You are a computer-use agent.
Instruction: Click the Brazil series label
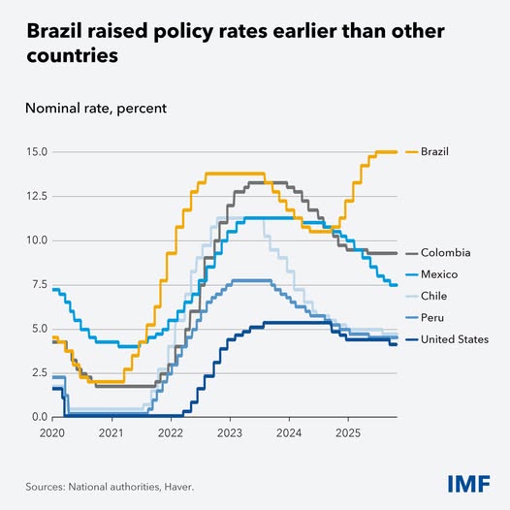435,151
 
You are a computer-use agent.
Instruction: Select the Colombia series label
444,253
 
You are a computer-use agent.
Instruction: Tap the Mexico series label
439,274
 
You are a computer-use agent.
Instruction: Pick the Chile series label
434,296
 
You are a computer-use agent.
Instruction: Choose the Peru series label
433,317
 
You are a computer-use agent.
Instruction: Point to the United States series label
455,338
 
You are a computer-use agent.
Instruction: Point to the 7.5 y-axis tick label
37,284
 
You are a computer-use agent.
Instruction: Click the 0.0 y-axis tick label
37,417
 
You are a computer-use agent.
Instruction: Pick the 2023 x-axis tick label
229,432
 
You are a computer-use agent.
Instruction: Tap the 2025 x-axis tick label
347,432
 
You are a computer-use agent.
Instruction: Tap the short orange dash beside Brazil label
410,151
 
